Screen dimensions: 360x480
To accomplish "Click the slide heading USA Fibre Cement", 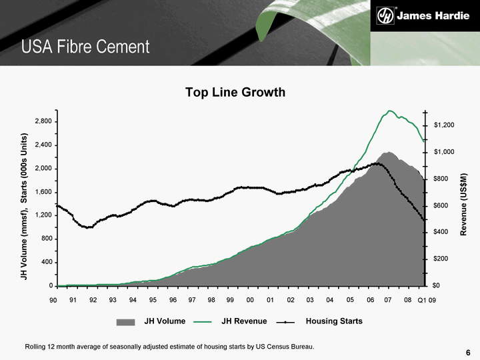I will click(x=85, y=47).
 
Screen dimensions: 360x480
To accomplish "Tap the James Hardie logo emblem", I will click(x=385, y=15).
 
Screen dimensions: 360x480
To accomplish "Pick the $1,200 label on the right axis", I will click(x=443, y=125).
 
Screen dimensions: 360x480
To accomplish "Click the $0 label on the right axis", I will click(x=437, y=285).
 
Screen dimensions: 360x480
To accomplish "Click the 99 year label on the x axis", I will click(x=230, y=300).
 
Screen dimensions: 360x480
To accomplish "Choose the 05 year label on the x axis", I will click(x=350, y=300).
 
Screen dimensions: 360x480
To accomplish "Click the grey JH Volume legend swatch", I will click(x=125, y=322).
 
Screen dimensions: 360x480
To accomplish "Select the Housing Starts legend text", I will click(x=334, y=321).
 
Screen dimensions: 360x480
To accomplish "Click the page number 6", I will click(x=468, y=353).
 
